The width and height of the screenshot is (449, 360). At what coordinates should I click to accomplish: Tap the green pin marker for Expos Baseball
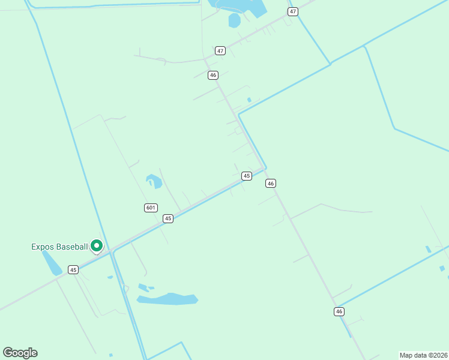[x=96, y=245]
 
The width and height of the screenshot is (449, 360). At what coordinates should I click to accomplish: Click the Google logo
[x=20, y=353]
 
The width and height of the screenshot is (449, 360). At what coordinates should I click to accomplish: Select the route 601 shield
[x=151, y=208]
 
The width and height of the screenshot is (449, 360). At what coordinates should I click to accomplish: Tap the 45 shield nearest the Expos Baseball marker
[x=73, y=270]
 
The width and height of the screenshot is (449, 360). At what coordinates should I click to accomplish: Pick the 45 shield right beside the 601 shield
[x=168, y=218]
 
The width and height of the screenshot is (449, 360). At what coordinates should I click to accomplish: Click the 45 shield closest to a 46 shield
[x=246, y=176]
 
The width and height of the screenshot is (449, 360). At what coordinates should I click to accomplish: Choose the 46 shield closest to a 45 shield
[x=271, y=183]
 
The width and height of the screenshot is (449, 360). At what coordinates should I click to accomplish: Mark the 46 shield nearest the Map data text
[x=339, y=311]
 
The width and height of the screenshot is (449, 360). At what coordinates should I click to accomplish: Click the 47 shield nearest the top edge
[x=292, y=11]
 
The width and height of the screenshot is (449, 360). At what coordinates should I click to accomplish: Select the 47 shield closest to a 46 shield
[x=220, y=51]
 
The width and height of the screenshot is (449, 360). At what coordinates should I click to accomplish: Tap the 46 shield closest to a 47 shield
[x=212, y=75]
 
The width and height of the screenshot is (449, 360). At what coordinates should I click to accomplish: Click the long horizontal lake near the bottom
[x=167, y=299]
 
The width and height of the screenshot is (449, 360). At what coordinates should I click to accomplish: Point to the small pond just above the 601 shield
[x=154, y=180]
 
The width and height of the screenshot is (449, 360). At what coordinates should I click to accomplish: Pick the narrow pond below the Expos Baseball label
[x=52, y=263]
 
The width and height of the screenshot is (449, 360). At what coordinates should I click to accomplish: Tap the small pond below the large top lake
[x=234, y=20]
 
